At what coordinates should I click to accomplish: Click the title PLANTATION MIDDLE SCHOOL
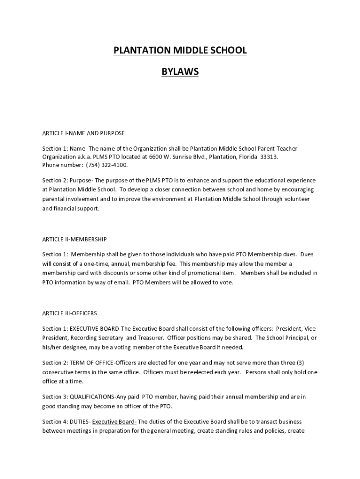pos(180,51)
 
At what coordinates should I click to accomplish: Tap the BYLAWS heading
pos(180,72)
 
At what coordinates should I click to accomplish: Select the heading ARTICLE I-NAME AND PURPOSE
pos(84,133)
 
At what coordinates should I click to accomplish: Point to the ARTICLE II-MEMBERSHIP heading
pos(74,239)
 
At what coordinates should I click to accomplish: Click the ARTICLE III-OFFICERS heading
pos(70,313)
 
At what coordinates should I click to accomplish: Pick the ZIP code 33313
pos(269,157)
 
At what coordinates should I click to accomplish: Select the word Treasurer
pos(151,337)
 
